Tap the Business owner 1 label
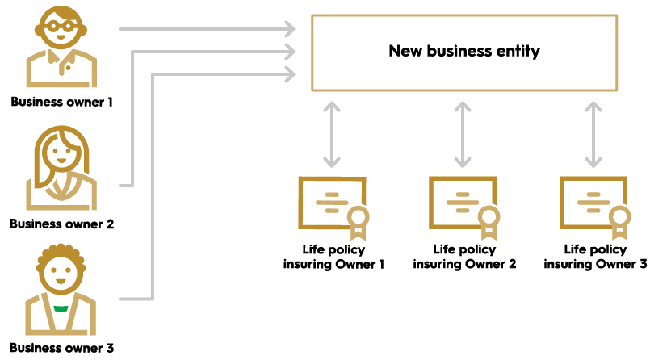click(x=61, y=103)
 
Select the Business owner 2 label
click(x=61, y=224)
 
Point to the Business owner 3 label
click(x=61, y=348)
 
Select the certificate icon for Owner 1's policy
click(x=331, y=203)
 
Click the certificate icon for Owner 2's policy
click(x=462, y=203)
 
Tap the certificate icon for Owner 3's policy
click(x=593, y=203)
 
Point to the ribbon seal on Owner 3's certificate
click(x=619, y=220)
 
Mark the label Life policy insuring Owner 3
click(x=595, y=257)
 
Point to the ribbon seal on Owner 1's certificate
click(x=358, y=220)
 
